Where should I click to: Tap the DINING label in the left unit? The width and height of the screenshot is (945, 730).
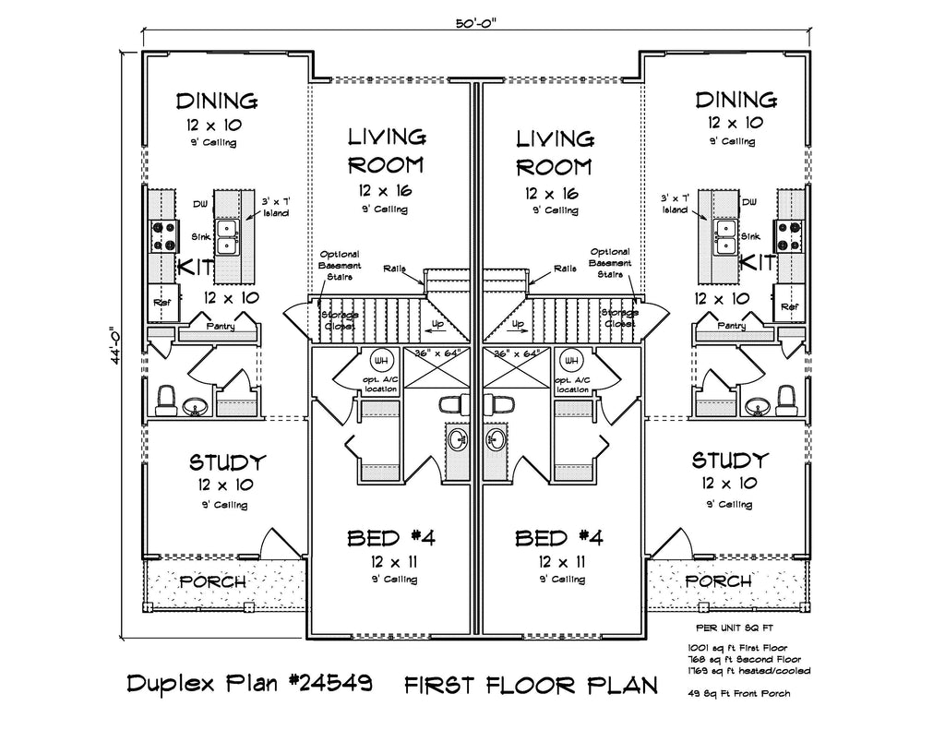pyautogui.click(x=217, y=101)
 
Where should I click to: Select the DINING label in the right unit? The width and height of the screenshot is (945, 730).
pyautogui.click(x=736, y=101)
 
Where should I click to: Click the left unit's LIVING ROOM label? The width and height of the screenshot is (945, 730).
pyautogui.click(x=387, y=152)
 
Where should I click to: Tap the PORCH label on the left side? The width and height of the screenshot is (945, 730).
pyautogui.click(x=212, y=582)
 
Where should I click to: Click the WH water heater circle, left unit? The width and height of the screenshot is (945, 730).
pyautogui.click(x=380, y=361)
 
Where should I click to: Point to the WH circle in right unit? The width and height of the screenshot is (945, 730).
pyautogui.click(x=570, y=361)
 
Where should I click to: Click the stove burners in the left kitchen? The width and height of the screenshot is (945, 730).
pyautogui.click(x=163, y=236)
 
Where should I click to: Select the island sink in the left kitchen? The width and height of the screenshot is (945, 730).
pyautogui.click(x=227, y=237)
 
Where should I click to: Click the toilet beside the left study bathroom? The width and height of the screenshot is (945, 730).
pyautogui.click(x=167, y=398)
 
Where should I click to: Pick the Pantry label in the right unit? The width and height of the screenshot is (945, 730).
pyautogui.click(x=732, y=326)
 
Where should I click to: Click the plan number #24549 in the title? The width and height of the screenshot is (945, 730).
pyautogui.click(x=329, y=685)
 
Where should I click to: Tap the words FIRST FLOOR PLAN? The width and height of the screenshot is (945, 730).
pyautogui.click(x=531, y=685)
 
